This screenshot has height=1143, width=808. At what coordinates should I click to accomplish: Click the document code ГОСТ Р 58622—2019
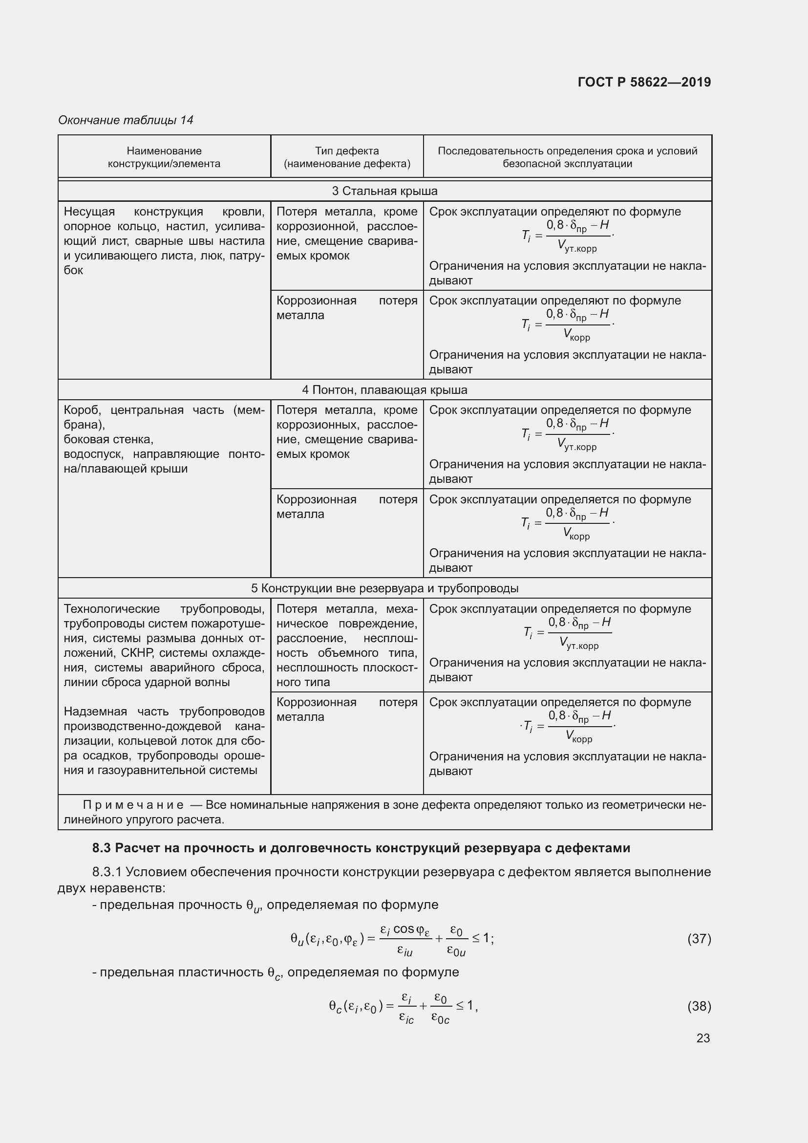[x=644, y=82]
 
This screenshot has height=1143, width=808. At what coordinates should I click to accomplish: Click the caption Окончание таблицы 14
[x=126, y=120]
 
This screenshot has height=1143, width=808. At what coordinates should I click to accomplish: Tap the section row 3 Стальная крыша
[x=384, y=191]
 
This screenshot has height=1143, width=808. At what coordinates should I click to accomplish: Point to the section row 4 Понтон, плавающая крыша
[x=384, y=390]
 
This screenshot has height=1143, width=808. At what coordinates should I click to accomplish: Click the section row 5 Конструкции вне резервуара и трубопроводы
[x=384, y=588]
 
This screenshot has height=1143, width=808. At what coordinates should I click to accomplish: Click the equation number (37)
[x=699, y=939]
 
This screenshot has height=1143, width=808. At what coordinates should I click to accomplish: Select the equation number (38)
[x=699, y=1006]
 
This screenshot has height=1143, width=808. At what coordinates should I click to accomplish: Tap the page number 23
[x=703, y=1038]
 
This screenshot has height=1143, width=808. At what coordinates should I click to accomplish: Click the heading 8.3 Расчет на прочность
[x=361, y=848]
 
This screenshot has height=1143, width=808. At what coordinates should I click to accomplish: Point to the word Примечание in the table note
[x=133, y=805]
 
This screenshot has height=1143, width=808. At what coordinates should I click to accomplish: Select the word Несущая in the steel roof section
[x=89, y=212]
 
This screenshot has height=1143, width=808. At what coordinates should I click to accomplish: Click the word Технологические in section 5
[x=112, y=609]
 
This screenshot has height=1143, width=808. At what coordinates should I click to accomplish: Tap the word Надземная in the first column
[x=95, y=712]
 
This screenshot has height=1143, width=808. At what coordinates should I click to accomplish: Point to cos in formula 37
[x=404, y=929]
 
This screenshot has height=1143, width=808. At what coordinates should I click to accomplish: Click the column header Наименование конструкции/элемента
[x=164, y=157]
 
